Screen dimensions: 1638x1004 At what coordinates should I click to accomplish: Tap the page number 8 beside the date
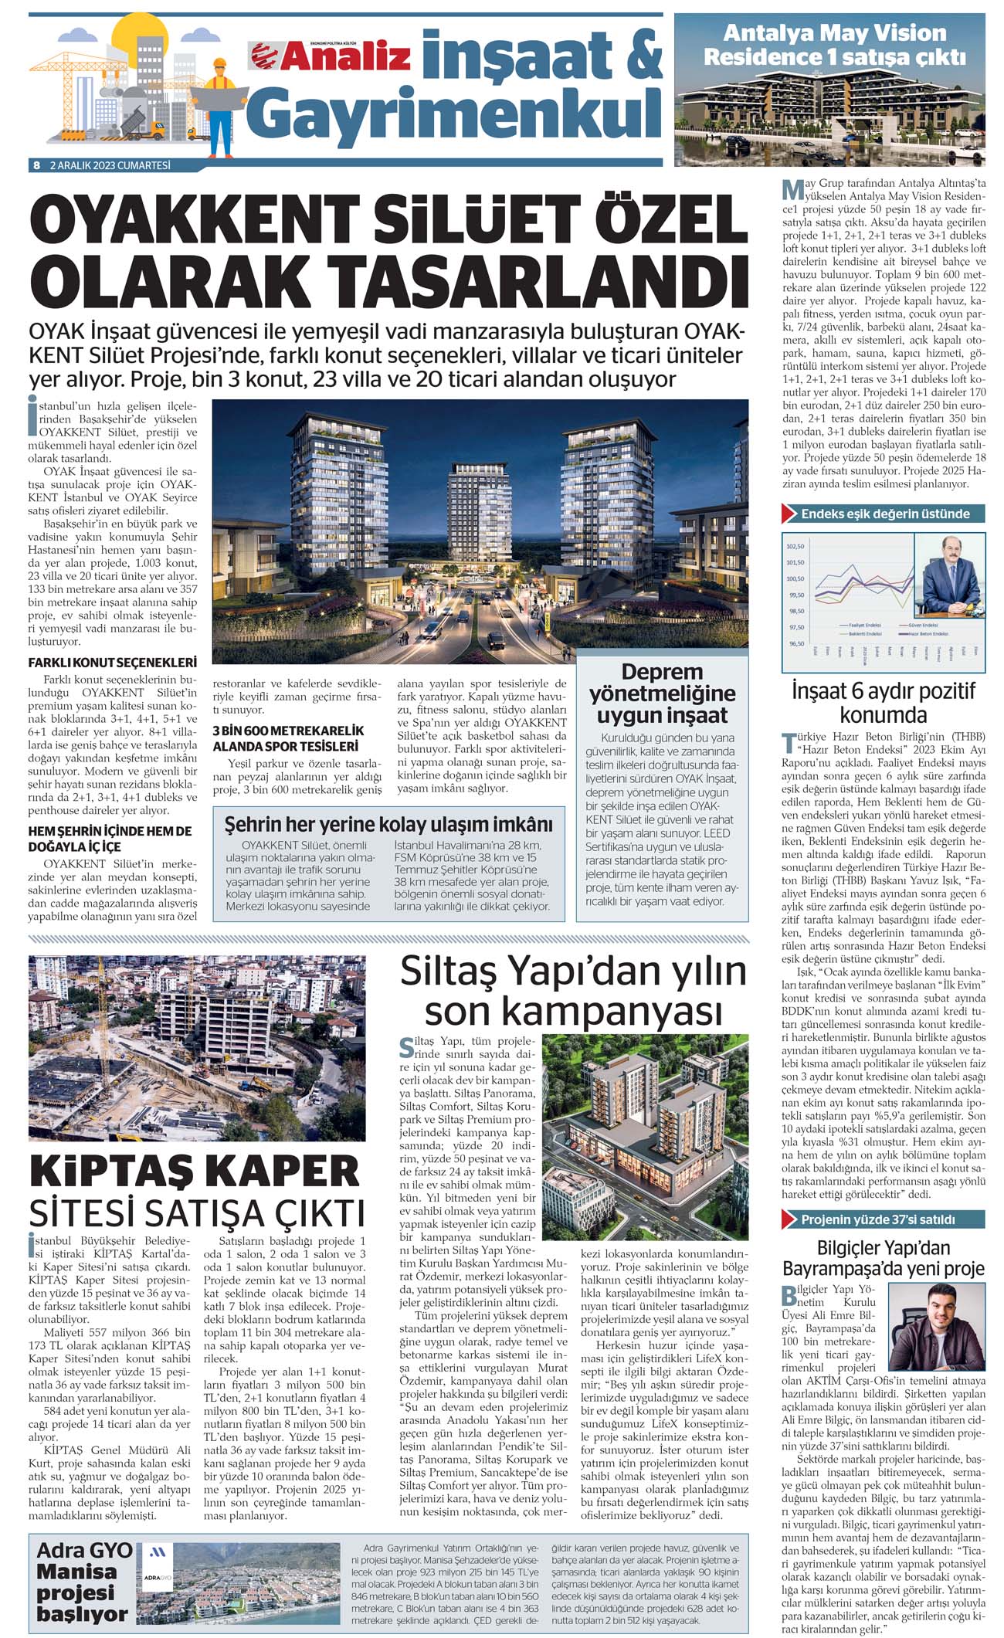[36, 165]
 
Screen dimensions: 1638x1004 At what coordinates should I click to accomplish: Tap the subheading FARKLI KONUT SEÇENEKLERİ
[113, 662]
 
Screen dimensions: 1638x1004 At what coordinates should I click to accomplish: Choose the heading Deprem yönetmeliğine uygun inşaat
[662, 693]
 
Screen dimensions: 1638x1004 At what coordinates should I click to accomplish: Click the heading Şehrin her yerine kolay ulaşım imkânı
[388, 824]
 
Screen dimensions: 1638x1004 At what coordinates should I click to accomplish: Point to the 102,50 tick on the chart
[795, 547]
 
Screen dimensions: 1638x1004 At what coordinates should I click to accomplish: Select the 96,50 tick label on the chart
[795, 643]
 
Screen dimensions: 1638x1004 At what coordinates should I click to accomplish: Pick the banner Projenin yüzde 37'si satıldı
[877, 1219]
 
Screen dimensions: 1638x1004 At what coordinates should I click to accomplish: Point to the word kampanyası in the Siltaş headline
[574, 1011]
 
